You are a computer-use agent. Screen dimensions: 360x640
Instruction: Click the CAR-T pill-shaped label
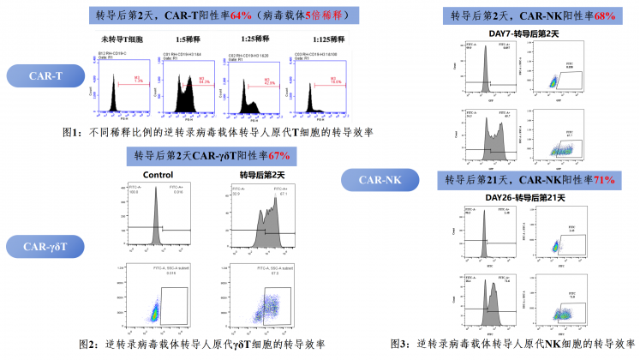45,76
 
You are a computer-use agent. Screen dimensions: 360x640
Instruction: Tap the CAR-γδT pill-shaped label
45,248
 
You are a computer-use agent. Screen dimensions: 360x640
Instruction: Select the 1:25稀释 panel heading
252,39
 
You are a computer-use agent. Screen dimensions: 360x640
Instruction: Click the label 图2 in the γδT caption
89,345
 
